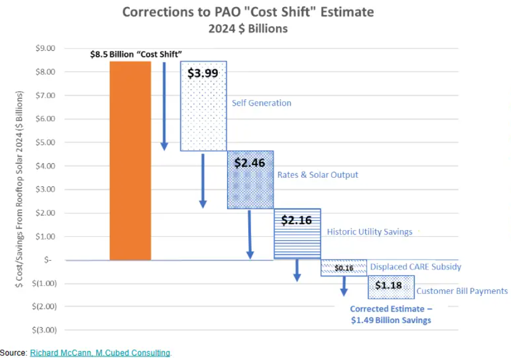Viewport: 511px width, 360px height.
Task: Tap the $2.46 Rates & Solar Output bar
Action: click(x=250, y=187)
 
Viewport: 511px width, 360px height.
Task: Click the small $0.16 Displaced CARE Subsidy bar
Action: click(x=343, y=268)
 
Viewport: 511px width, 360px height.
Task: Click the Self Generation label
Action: click(x=261, y=103)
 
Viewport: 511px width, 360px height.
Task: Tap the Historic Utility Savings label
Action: click(x=369, y=232)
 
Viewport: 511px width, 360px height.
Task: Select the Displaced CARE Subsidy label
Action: click(x=415, y=267)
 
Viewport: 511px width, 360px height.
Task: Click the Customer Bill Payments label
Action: click(x=461, y=291)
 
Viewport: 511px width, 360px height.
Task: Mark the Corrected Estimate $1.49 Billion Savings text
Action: click(x=391, y=314)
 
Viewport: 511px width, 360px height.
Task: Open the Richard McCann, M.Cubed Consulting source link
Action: click(x=100, y=353)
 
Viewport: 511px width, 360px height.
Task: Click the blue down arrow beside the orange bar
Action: click(x=164, y=105)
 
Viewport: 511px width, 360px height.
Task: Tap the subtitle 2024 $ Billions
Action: click(x=248, y=28)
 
